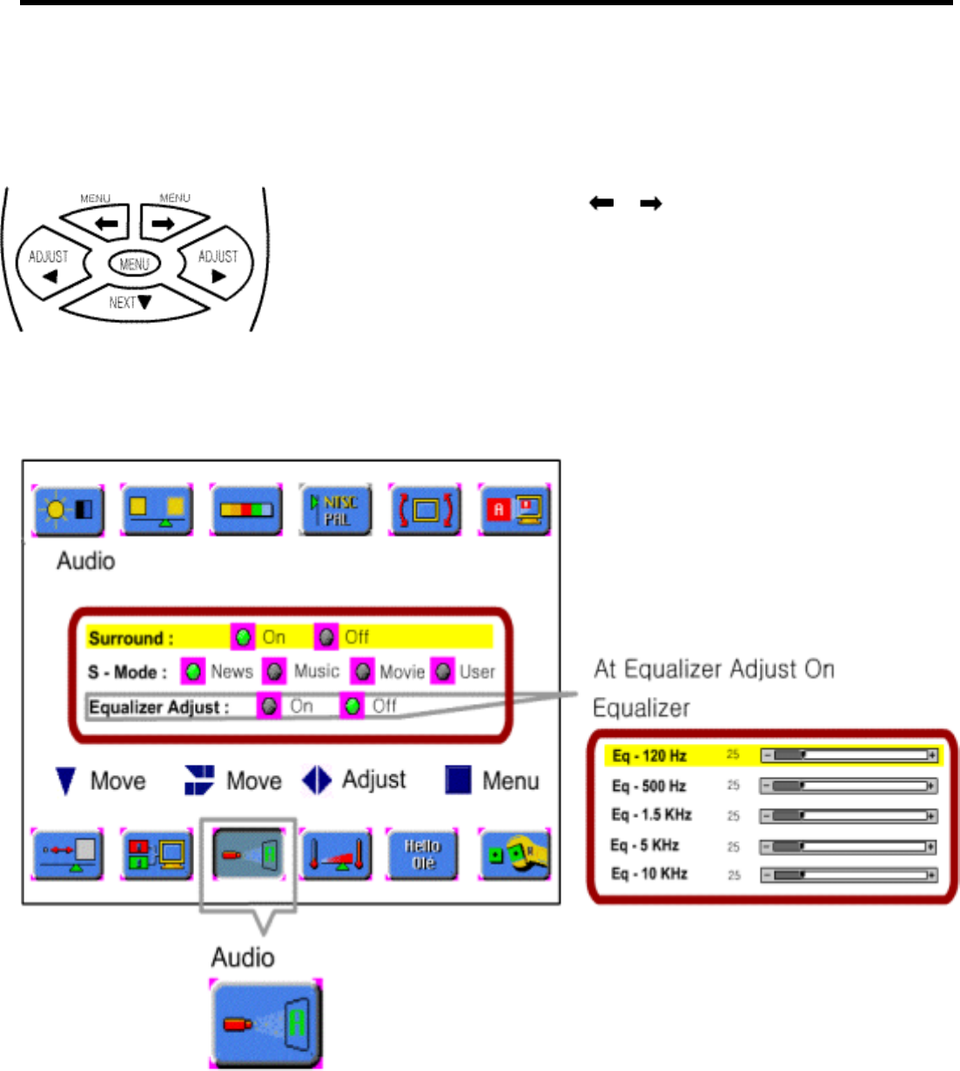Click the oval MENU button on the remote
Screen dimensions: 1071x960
click(135, 264)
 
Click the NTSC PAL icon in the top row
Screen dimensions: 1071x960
click(336, 510)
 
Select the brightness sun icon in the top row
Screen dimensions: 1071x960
click(69, 510)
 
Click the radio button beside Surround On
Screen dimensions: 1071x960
click(244, 638)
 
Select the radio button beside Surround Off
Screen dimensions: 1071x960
click(326, 638)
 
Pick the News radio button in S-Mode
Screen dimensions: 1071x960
click(193, 672)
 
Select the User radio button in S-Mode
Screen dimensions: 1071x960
click(443, 672)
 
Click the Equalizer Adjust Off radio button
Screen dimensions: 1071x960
click(352, 706)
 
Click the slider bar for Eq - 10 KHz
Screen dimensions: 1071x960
click(849, 875)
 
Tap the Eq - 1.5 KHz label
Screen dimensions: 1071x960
click(651, 815)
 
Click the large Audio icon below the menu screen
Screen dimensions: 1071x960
click(265, 1023)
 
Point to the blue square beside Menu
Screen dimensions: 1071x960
click(458, 780)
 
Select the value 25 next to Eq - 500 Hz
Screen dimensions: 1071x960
click(733, 786)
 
